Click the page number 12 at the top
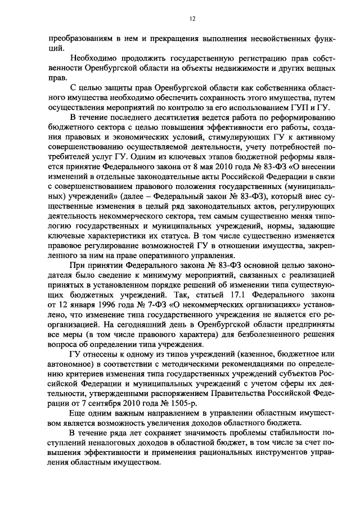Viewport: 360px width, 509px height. tap(192, 19)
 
